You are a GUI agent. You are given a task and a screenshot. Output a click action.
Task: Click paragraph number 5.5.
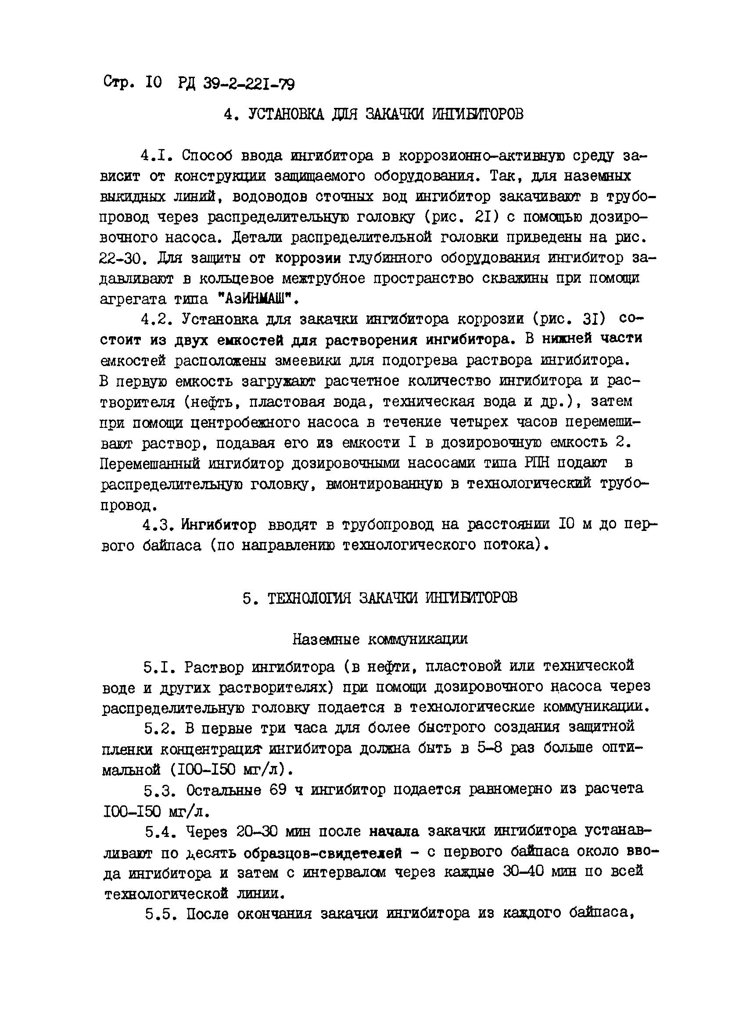158,914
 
